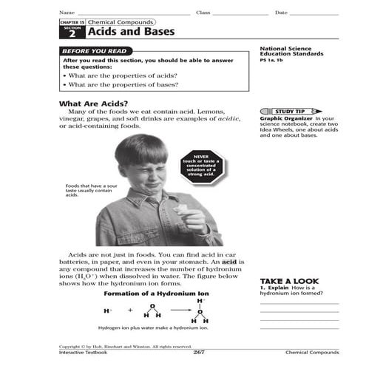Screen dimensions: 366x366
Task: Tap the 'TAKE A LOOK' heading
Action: point(289,281)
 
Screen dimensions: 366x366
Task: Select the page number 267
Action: point(198,352)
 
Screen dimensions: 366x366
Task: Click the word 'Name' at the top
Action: point(67,13)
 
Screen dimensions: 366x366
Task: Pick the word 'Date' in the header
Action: point(281,13)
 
